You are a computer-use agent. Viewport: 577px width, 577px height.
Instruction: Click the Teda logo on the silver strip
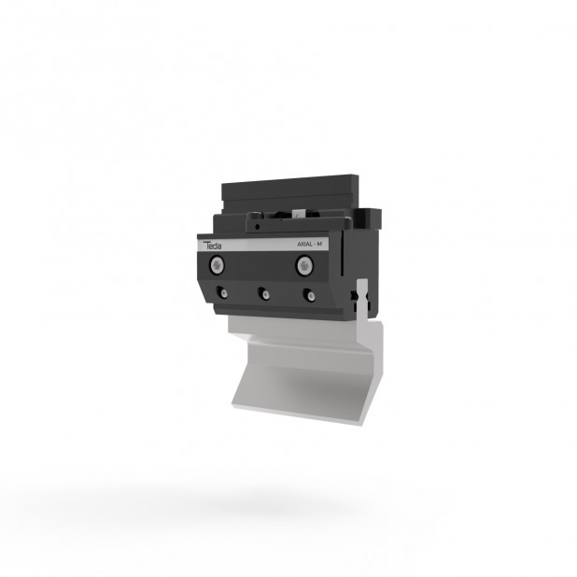point(212,245)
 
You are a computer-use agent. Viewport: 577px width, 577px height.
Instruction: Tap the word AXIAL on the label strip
point(304,244)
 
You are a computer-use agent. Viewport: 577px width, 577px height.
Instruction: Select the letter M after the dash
point(319,244)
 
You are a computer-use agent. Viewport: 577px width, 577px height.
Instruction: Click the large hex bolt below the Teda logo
point(218,265)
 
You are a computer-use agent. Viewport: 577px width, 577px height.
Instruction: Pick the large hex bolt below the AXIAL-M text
point(304,265)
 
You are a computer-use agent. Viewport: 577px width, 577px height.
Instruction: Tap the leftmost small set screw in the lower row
point(222,293)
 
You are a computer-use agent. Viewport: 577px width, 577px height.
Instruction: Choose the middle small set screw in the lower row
point(264,294)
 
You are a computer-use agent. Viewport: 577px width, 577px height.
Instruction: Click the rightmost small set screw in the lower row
point(309,295)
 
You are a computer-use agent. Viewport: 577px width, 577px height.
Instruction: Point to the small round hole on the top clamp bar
point(258,227)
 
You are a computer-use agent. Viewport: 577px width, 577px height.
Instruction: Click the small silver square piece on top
point(298,214)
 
